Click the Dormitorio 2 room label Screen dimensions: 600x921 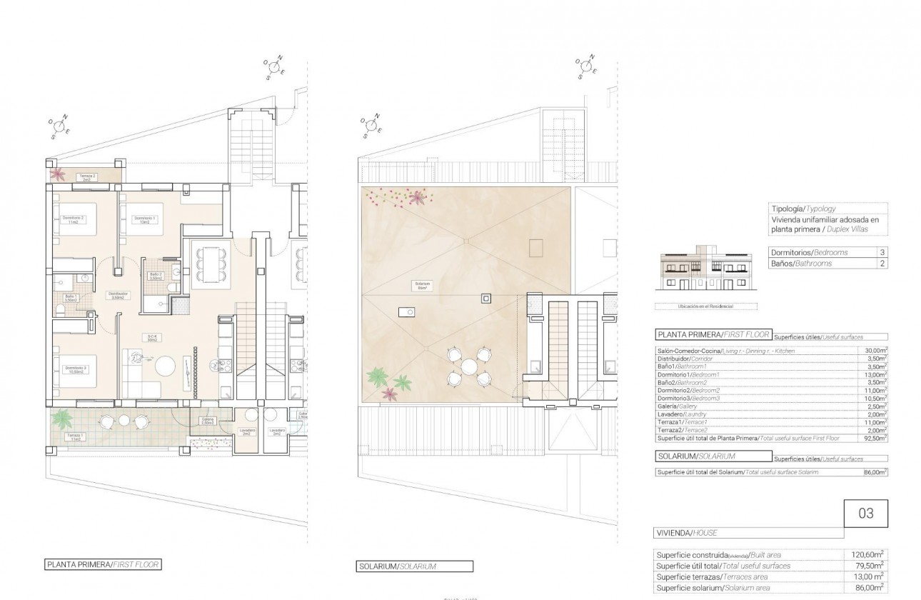pos(74,219)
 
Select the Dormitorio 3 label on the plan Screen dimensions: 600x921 pos(76,370)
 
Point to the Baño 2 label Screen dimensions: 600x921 pos(155,276)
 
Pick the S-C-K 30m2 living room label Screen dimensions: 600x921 pos(152,339)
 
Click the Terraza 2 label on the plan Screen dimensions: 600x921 pos(87,177)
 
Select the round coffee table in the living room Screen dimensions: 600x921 pos(166,365)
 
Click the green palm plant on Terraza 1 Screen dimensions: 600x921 pos(64,416)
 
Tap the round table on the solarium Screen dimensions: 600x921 pos(468,366)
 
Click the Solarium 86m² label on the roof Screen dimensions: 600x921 pos(423,285)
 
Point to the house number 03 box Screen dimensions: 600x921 pos(866,513)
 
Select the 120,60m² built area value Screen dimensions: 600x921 pos(869,554)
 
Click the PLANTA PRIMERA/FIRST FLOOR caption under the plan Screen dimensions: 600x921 pos(102,564)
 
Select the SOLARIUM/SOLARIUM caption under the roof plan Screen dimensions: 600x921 pos(396,567)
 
